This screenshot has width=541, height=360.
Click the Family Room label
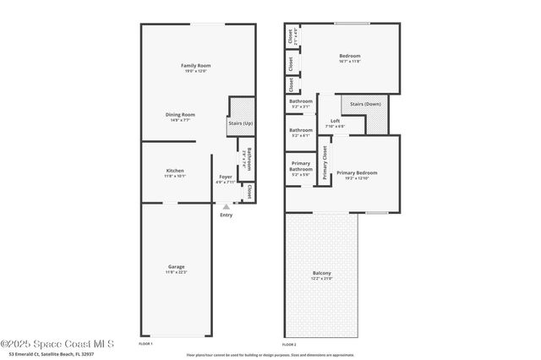tap(195, 66)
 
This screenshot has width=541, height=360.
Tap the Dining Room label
tap(180, 115)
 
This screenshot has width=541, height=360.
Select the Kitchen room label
tap(175, 171)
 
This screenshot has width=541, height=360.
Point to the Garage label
tap(175, 267)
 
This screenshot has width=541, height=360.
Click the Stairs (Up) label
tap(240, 123)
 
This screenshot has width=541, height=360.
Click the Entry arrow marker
tap(225, 205)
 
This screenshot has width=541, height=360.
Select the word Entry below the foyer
tap(226, 215)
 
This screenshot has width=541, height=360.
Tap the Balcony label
tap(321, 272)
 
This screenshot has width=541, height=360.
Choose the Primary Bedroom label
tap(357, 172)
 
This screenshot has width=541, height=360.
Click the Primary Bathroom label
tap(301, 166)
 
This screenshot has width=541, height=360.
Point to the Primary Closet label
tap(325, 164)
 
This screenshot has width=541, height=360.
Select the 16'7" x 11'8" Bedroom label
tap(349, 61)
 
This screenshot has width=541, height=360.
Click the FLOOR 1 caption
tap(145, 345)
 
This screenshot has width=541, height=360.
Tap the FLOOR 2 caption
tap(289, 345)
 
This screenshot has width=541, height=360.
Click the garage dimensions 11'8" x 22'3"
tap(175, 272)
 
